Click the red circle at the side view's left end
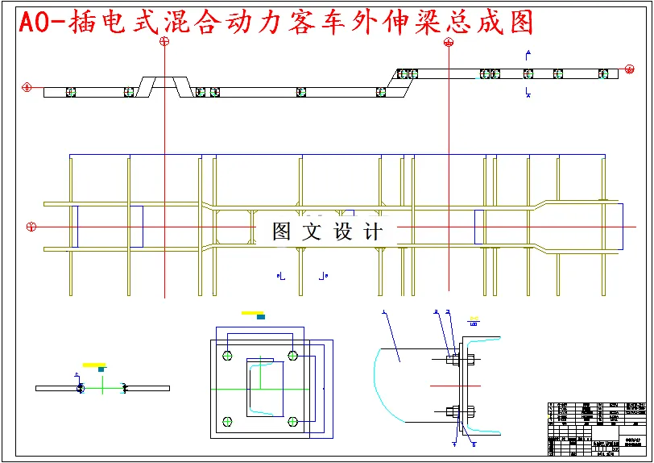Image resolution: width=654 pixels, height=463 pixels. click(27, 86)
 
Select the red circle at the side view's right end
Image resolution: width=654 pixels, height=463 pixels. click(625, 73)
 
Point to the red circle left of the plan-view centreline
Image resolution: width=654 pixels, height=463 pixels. click(31, 226)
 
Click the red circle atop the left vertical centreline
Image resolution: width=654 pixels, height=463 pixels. click(164, 43)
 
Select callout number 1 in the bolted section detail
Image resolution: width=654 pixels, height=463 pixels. click(384, 311)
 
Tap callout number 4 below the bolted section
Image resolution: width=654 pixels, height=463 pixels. click(454, 443)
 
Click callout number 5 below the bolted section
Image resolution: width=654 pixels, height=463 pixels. click(473, 444)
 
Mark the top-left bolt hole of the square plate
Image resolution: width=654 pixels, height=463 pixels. click(228, 355)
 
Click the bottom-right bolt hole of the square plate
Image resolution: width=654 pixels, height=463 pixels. click(293, 421)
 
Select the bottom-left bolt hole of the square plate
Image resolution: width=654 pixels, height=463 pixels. click(228, 421)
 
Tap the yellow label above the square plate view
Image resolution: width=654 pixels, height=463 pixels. click(252, 312)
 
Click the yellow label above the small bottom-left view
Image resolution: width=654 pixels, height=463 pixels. click(93, 365)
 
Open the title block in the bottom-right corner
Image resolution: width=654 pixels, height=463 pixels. click(596, 428)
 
